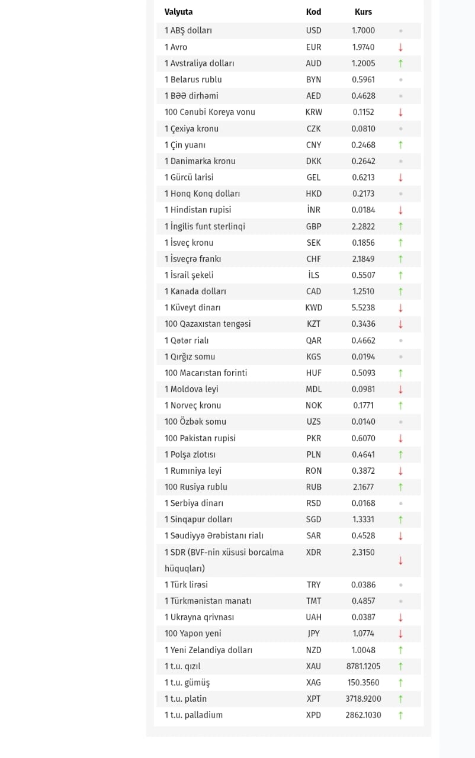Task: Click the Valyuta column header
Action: [x=178, y=12]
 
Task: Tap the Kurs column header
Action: [x=363, y=12]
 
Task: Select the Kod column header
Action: [x=313, y=12]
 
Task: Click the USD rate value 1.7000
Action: [x=363, y=31]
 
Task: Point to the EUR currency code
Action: [x=313, y=47]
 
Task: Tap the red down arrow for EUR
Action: [x=400, y=47]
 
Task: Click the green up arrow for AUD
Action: [x=400, y=63]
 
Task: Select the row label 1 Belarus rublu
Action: [x=193, y=79]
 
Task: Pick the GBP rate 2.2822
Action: [x=363, y=226]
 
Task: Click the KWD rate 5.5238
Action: [x=363, y=307]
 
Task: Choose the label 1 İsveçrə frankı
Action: [x=192, y=259]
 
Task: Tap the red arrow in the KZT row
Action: [x=400, y=324]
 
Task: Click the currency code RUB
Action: [x=313, y=487]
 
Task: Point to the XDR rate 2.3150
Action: [x=363, y=552]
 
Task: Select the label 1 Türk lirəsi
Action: [x=186, y=584]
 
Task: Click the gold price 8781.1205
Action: [x=363, y=666]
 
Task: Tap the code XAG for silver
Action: [x=313, y=682]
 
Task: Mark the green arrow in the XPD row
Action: [x=400, y=715]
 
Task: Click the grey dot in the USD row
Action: [x=400, y=31]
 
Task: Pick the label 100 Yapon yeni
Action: [x=192, y=634]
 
